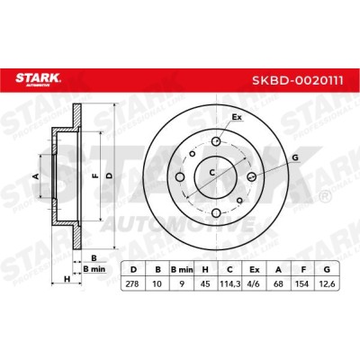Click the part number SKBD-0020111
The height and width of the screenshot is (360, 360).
[x=298, y=80]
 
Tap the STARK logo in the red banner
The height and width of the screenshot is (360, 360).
[x=38, y=79]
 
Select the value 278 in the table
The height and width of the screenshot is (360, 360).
[x=132, y=283]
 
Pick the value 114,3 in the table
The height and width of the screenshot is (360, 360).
[x=229, y=283]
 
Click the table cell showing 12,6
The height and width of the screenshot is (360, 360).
[x=327, y=283]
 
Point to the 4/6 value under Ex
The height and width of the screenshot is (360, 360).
[x=254, y=283]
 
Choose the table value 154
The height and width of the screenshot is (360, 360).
[x=302, y=283]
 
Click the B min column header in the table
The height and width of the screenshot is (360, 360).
[x=182, y=269]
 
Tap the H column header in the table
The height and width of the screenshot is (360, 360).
[x=205, y=269]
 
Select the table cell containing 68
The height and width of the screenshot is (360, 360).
[x=278, y=283]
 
